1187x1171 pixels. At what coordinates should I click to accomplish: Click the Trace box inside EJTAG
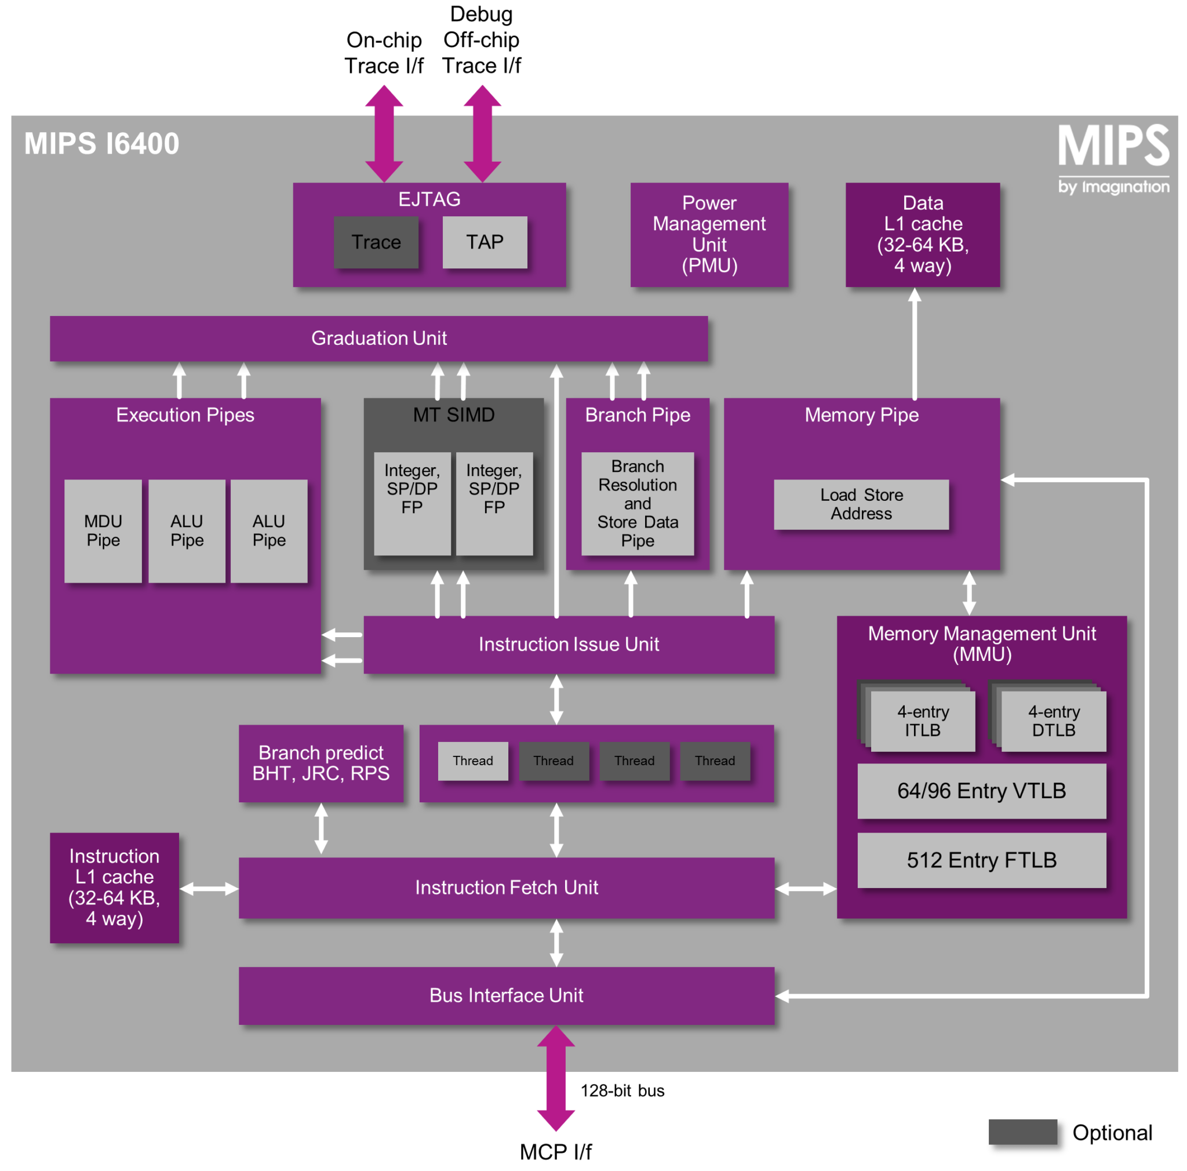click(x=376, y=242)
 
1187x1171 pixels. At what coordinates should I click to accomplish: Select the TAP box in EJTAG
click(x=484, y=242)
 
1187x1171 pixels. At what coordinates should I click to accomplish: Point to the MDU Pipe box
click(x=103, y=530)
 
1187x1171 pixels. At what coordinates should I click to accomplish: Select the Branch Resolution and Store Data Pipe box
click(x=637, y=503)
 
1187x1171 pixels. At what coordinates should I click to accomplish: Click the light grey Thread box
click(x=472, y=760)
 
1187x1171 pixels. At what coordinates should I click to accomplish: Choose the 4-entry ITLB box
click(x=922, y=720)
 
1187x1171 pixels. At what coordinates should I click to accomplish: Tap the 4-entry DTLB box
click(x=1053, y=720)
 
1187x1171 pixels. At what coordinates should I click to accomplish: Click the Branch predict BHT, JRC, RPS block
click(x=321, y=762)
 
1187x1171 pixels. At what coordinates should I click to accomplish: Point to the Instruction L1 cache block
click(x=114, y=886)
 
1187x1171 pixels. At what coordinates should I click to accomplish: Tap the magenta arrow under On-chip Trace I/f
click(x=384, y=133)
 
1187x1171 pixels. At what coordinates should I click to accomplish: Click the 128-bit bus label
click(x=622, y=1090)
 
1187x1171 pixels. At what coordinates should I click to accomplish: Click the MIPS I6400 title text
click(x=101, y=144)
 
